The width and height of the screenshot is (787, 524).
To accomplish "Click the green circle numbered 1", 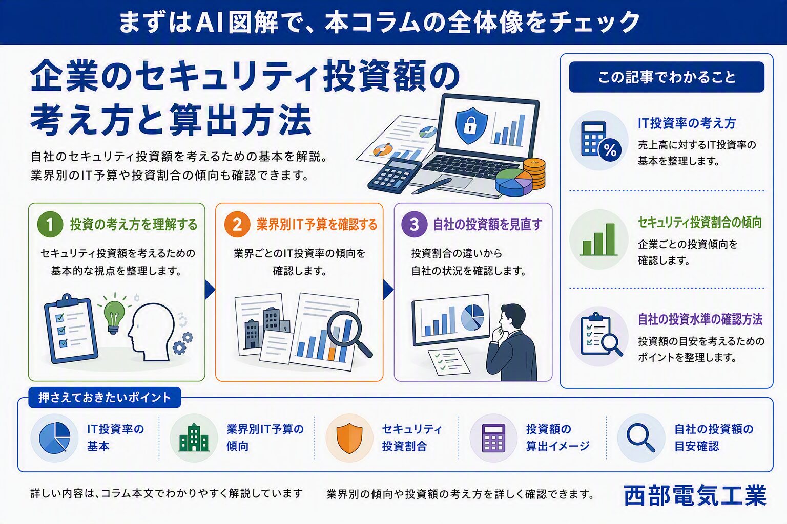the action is pos(50,225).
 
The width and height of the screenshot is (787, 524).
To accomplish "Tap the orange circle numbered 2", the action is pos(237,225).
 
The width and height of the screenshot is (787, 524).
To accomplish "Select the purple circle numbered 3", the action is pos(414,225).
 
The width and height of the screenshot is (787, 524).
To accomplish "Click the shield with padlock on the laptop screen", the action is pos(471,125).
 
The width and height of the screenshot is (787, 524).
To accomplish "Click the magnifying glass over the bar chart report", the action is pos(348,334).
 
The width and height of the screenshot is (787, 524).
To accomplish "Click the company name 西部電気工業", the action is pos(695,495).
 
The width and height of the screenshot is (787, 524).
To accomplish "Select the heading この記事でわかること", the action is pos(667,77).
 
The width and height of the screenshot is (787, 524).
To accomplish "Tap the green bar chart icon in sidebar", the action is pos(598,239).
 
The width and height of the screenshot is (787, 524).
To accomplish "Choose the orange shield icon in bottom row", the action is pos(349,438).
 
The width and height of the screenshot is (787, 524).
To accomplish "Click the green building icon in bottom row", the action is pos(194,438).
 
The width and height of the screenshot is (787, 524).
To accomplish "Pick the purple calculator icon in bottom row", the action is pos(493,438).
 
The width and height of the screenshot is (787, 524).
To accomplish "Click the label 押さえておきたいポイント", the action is pos(105,398).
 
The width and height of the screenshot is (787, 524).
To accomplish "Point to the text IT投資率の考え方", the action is pos(687,123).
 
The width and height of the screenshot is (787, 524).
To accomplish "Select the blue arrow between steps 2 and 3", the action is pos(388,290).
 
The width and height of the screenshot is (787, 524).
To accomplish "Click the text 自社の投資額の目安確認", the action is pos(714,438).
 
